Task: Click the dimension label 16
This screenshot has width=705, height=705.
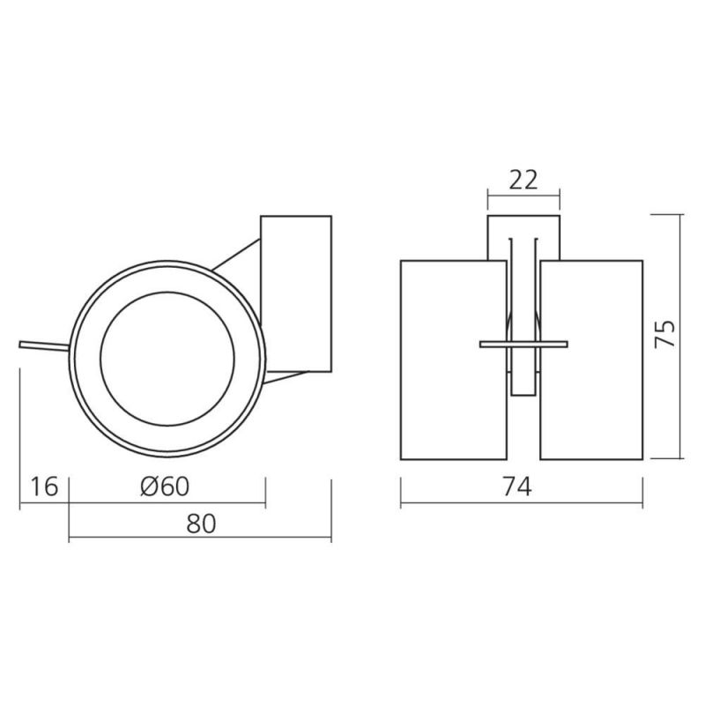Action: (44, 487)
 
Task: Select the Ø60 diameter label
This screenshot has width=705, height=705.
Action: (165, 486)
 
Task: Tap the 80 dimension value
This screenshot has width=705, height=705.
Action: (201, 523)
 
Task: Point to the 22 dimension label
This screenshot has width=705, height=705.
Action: (523, 181)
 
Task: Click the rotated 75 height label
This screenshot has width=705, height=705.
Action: (664, 333)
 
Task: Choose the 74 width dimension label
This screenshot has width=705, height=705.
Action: (517, 486)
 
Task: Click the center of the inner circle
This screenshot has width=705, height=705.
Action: (167, 359)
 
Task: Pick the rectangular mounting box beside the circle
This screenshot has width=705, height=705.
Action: (296, 294)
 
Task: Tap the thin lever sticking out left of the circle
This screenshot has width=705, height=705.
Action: (44, 346)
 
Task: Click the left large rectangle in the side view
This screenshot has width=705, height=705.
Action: (454, 360)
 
